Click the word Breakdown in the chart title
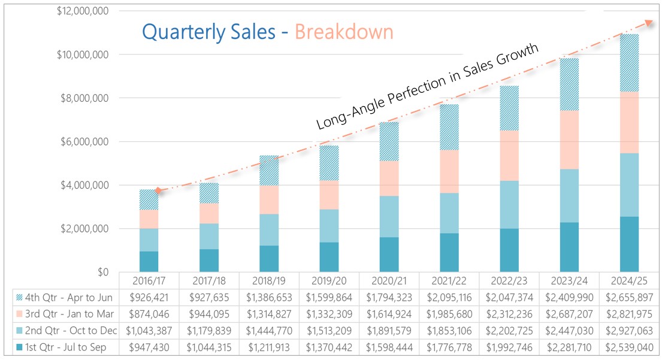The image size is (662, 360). [344, 32]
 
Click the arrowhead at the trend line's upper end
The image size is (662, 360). [649, 23]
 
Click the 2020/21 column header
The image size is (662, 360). [389, 281]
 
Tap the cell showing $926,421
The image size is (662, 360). [149, 298]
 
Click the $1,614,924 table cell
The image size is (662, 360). [389, 314]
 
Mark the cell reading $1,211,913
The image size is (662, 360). [269, 346]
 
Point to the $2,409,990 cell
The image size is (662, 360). [569, 298]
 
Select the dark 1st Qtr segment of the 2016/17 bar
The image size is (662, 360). [149, 262]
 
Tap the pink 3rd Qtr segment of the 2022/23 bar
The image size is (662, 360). [509, 156]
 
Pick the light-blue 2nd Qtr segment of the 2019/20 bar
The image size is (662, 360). [329, 226]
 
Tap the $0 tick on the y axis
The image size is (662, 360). [101, 273]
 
